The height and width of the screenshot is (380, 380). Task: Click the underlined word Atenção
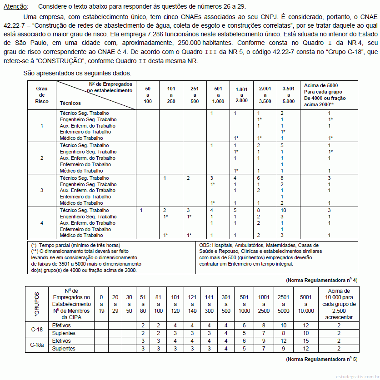[15, 7]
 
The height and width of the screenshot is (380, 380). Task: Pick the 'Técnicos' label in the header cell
[70, 104]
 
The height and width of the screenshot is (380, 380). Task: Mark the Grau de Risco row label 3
[42, 190]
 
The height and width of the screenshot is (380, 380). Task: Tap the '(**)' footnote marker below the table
[35, 251]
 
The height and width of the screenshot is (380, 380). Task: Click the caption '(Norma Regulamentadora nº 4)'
[321, 280]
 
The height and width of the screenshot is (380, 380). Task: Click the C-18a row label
[37, 345]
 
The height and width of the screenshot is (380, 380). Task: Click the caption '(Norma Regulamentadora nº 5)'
[321, 359]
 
